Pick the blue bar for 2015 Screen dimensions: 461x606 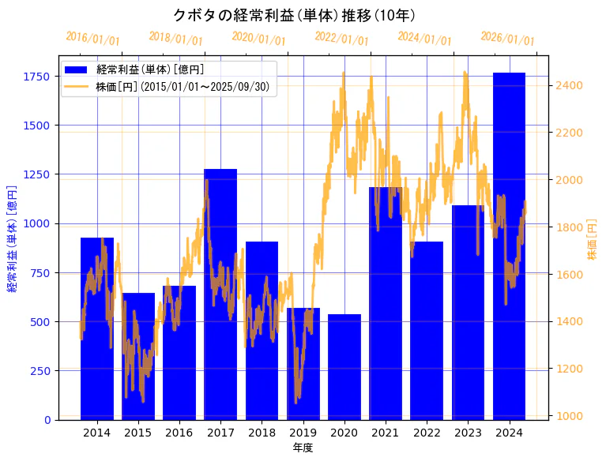click(x=138, y=356)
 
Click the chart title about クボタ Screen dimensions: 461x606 click(x=294, y=15)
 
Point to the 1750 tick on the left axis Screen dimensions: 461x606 click(x=36, y=77)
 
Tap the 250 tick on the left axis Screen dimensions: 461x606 click(x=40, y=370)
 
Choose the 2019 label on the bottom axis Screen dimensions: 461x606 click(x=303, y=433)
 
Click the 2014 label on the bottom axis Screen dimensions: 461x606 click(x=96, y=433)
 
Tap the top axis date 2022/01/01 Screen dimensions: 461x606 click(x=342, y=38)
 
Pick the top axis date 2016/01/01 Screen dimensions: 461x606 click(x=93, y=38)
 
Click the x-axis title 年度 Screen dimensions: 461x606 click(x=303, y=448)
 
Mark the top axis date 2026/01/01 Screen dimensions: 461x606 click(x=507, y=39)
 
